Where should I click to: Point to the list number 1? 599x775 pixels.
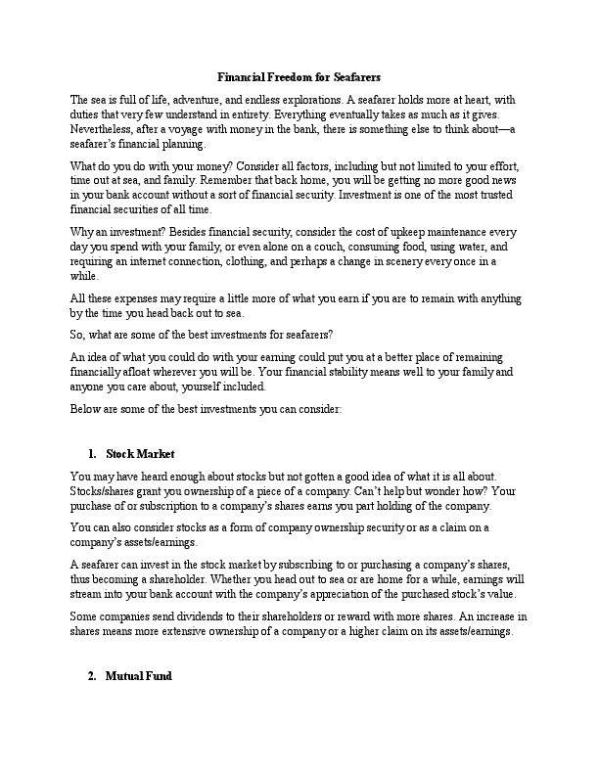tap(91, 453)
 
